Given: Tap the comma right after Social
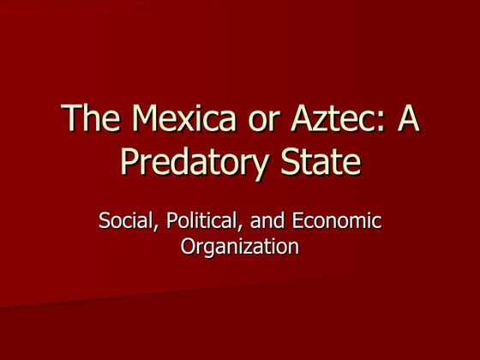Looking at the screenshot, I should click(151, 226).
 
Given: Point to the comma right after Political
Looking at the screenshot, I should click(231, 226).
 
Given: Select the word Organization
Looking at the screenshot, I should click(240, 247).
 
